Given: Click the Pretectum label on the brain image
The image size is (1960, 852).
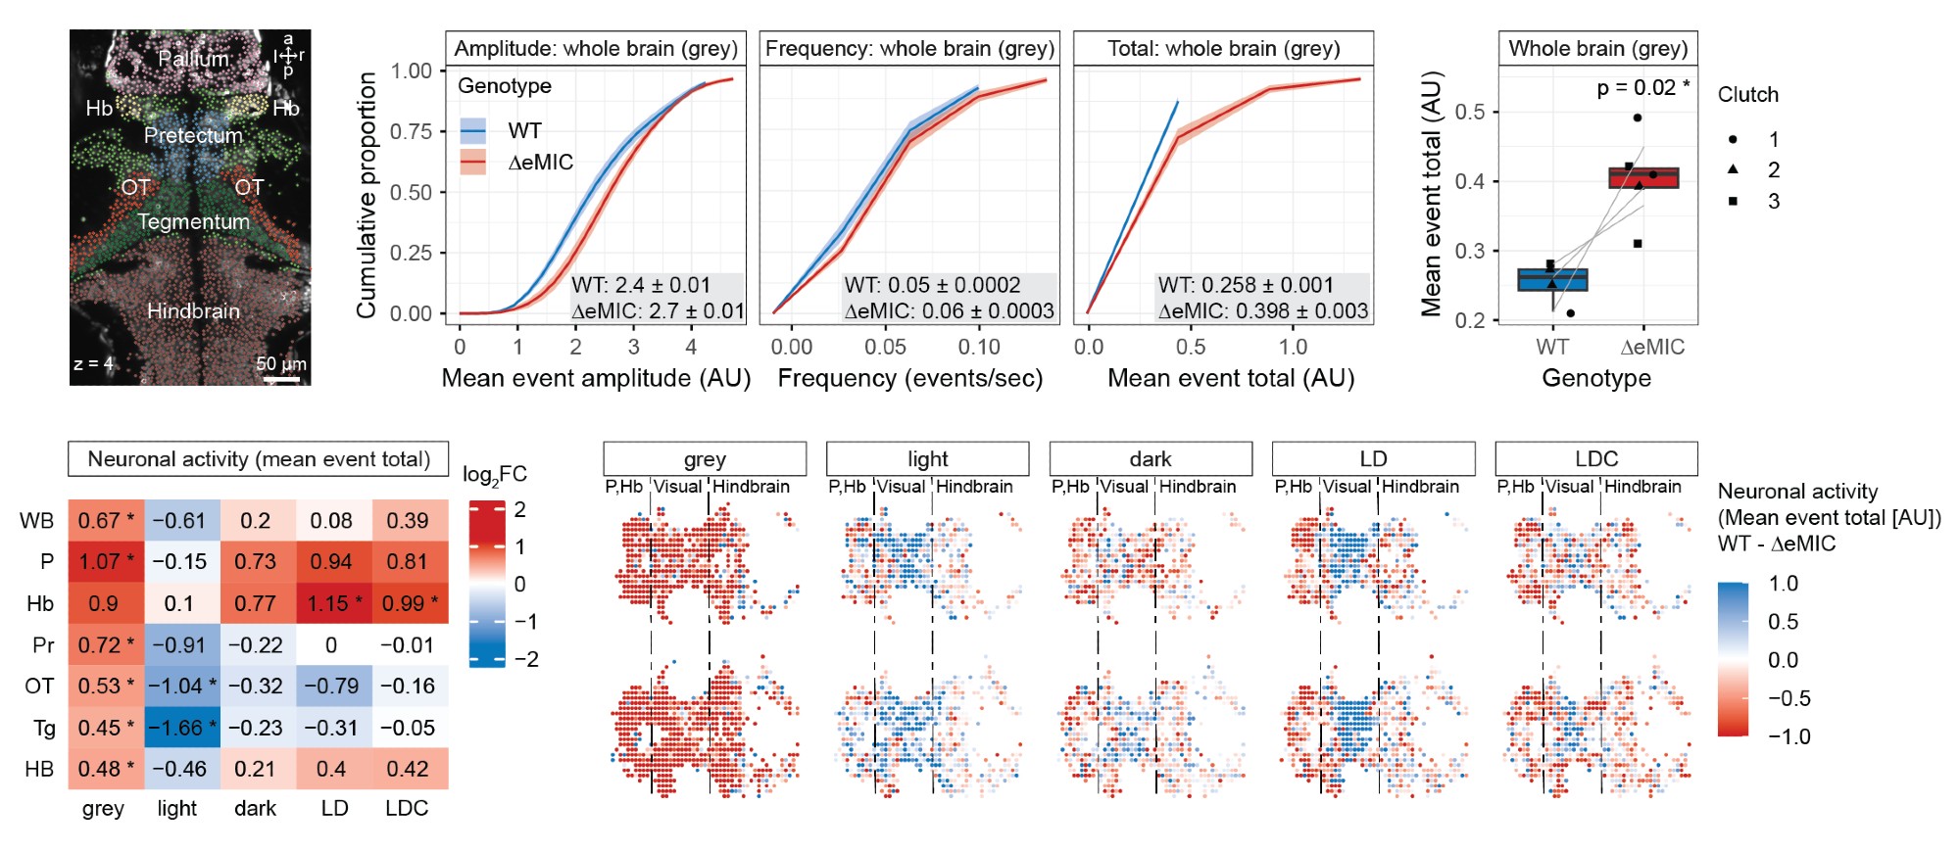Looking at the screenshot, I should (x=193, y=135).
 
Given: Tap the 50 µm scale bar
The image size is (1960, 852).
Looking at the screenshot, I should (x=282, y=378).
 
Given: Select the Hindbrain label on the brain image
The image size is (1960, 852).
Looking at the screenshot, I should (x=193, y=310).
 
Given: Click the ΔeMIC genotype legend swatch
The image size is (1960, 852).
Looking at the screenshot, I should (x=473, y=163).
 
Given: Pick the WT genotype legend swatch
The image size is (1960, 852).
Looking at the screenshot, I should (x=473, y=130).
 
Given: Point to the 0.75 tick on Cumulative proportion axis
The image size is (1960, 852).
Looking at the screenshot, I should (x=412, y=131).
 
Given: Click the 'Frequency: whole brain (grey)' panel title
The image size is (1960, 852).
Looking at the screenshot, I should (x=909, y=49).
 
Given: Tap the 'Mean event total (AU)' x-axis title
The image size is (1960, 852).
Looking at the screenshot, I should (x=1231, y=378).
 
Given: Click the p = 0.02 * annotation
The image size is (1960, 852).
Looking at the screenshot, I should (x=1642, y=88).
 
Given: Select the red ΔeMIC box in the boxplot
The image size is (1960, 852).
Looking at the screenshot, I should (x=1643, y=177).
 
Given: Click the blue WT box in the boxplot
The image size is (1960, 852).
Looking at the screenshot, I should (x=1552, y=279).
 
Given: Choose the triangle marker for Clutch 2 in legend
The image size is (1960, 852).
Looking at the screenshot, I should (x=1733, y=169).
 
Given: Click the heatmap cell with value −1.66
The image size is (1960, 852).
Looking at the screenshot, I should (x=182, y=728).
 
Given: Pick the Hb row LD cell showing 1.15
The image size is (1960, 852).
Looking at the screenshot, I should (x=334, y=603).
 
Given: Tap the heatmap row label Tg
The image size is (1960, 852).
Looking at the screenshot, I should (x=44, y=728).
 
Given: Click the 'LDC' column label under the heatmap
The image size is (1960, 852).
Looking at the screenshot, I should (x=407, y=808).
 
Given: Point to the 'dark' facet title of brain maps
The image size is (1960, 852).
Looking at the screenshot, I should (x=1151, y=458).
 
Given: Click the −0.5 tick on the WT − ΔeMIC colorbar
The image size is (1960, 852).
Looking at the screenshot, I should (x=1789, y=698).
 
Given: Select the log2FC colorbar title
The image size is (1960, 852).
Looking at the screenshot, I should (x=495, y=475).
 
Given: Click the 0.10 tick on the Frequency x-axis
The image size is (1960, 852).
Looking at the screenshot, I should (x=979, y=347).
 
